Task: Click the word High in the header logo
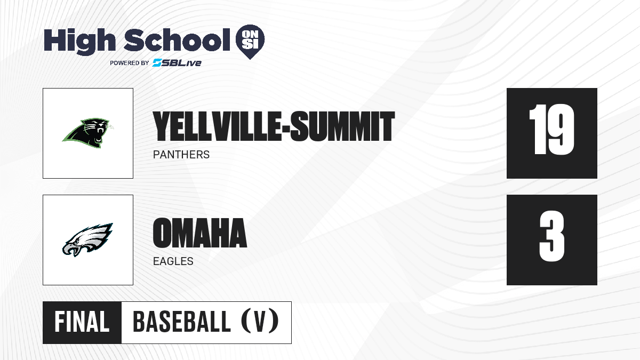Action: (x=79, y=41)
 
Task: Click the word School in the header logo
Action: (x=177, y=39)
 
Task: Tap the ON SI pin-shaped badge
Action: (x=250, y=42)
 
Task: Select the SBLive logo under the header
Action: (x=177, y=63)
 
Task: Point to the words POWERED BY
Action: (x=130, y=63)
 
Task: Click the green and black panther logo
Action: (x=87, y=133)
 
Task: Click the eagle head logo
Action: (x=87, y=239)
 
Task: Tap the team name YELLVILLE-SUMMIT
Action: (x=274, y=126)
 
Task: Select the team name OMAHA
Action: (x=199, y=233)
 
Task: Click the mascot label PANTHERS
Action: (x=181, y=155)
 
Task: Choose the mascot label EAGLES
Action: (x=173, y=261)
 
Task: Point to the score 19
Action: (x=551, y=130)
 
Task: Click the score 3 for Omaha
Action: (x=552, y=236)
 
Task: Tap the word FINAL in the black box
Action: (x=82, y=322)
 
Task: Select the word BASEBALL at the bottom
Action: (x=182, y=322)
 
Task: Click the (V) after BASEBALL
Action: (x=260, y=322)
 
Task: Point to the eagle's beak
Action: (x=71, y=249)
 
